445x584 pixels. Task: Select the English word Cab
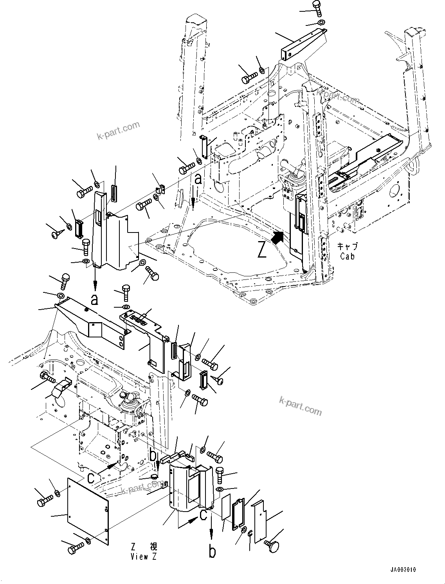[x=347, y=256]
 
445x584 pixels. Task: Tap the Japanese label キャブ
[x=347, y=246]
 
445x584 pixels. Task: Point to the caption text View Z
[x=144, y=557]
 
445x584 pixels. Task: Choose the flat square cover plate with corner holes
[x=88, y=511]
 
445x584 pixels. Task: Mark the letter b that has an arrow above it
[x=212, y=552]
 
